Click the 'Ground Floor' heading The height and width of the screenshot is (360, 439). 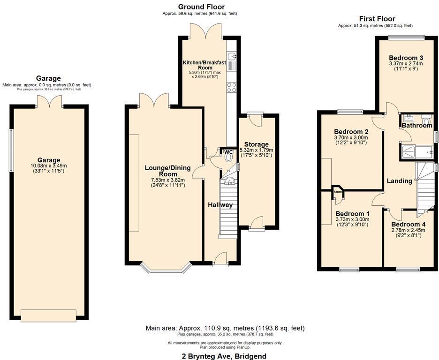coord(201,7)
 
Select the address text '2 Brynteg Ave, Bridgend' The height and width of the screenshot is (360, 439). coord(224,356)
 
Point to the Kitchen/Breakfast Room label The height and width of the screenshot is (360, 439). coord(204,65)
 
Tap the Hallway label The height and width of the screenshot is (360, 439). coord(220,205)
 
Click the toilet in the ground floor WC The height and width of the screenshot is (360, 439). coord(228,157)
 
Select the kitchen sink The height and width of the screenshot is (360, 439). coord(232,57)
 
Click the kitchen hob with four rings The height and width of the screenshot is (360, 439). coord(232,87)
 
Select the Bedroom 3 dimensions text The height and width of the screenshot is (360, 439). coord(406,64)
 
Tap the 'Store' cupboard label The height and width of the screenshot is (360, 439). coord(338,192)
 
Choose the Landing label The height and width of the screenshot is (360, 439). coord(399,181)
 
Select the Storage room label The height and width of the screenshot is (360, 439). coord(256,144)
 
